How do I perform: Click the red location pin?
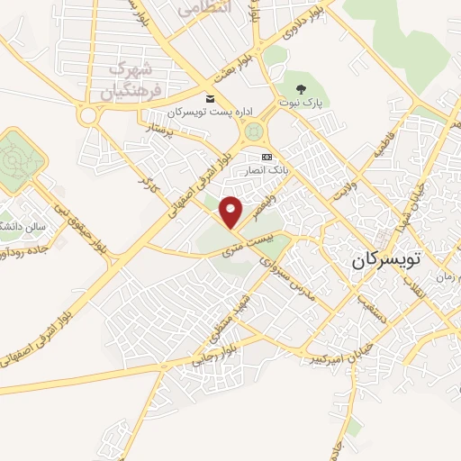click(231, 212)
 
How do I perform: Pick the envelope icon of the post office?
click(211, 98)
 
